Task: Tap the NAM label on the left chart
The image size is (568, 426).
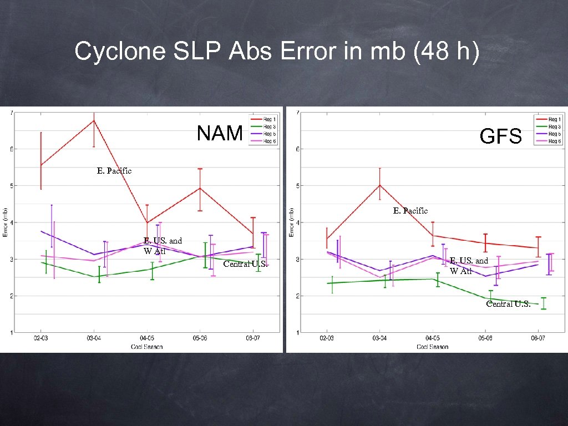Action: point(220,133)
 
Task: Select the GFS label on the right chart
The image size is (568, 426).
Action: point(501,135)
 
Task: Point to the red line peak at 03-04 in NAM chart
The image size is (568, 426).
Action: point(94,120)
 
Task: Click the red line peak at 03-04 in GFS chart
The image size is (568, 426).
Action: point(379,185)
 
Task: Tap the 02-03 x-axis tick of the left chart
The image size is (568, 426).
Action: point(40,337)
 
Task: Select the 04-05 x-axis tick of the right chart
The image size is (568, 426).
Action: point(433,337)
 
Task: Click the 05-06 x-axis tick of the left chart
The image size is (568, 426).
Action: point(200,337)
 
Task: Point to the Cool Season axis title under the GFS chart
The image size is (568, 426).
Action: point(433,347)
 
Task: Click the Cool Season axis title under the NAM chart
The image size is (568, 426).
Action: point(147,347)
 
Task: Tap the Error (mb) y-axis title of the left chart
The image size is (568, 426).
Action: point(5,222)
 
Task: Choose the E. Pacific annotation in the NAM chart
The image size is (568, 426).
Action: point(114,171)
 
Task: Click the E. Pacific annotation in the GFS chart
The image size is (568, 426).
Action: point(410,211)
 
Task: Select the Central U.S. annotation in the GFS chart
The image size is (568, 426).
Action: point(508,303)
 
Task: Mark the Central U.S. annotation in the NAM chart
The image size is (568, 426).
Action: point(245,264)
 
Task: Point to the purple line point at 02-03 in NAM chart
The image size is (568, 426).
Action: point(41,231)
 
